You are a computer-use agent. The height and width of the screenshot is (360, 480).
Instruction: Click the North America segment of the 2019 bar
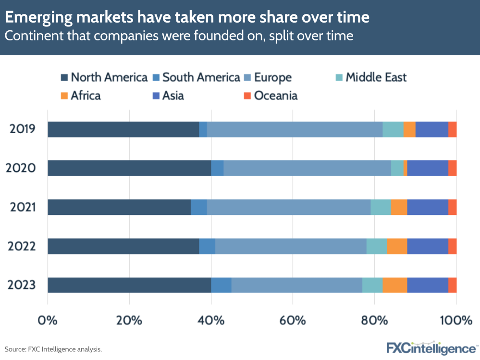(123, 129)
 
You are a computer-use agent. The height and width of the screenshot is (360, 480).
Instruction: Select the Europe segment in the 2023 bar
(297, 285)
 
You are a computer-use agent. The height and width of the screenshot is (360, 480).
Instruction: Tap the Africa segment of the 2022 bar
(397, 246)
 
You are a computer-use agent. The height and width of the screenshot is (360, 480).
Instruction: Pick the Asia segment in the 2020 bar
(428, 168)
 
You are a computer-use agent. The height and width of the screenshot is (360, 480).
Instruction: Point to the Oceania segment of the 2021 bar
(452, 207)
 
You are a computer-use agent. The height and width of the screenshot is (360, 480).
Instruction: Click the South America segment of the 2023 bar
(221, 285)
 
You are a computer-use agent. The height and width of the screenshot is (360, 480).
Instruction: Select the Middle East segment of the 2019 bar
(393, 129)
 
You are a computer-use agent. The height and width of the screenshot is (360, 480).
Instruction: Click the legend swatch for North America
(64, 77)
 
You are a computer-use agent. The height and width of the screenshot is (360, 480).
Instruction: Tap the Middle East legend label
(376, 77)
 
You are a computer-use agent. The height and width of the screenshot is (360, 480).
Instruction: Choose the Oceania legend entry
(275, 95)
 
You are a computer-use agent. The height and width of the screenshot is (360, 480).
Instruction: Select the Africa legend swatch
(64, 95)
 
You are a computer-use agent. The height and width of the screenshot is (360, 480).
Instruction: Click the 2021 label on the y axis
(22, 207)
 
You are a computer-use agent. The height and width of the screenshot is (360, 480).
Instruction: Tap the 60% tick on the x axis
(293, 320)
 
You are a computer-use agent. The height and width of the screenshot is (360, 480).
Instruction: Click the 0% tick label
(48, 320)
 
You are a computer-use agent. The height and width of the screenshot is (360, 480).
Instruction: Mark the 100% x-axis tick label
(455, 320)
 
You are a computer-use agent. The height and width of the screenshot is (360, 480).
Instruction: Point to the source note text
(53, 349)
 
